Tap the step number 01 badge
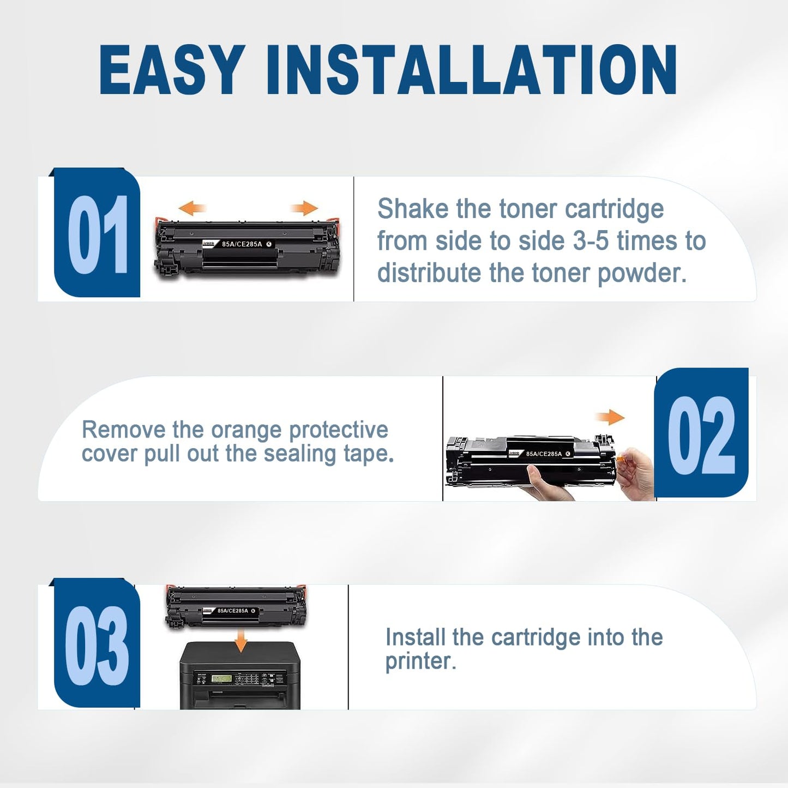click(x=98, y=234)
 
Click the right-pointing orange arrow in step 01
click(x=304, y=208)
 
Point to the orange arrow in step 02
click(x=610, y=418)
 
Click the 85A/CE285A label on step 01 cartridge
click(x=242, y=244)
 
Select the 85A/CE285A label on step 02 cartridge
click(x=544, y=454)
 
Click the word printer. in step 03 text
click(x=420, y=661)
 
